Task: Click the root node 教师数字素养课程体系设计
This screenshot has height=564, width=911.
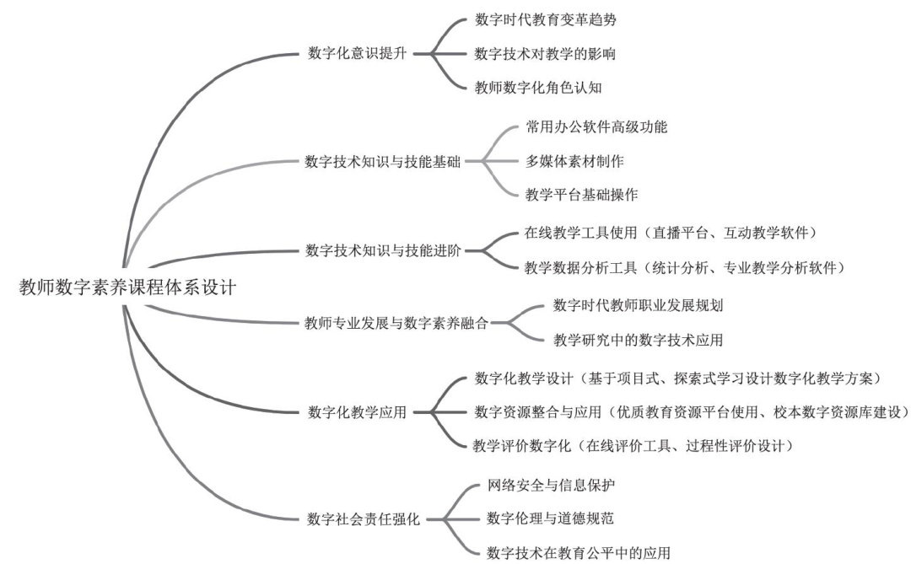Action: coord(127,287)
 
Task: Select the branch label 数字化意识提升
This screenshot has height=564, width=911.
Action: coord(358,54)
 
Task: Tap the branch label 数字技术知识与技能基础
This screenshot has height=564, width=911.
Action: coord(382,161)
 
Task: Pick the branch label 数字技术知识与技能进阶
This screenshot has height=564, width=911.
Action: coord(382,250)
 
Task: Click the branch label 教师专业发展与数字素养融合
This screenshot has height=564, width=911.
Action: coord(396,322)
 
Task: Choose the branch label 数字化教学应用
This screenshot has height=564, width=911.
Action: coord(358,412)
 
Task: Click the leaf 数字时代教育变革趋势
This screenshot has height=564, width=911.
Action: coord(552,18)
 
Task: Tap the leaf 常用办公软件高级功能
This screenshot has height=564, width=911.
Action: coord(596,127)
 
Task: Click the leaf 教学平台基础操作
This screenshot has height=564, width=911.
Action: coord(582,194)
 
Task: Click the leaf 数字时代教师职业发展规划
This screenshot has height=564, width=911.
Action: coord(638,305)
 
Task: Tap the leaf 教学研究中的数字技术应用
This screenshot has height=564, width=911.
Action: coord(638,340)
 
